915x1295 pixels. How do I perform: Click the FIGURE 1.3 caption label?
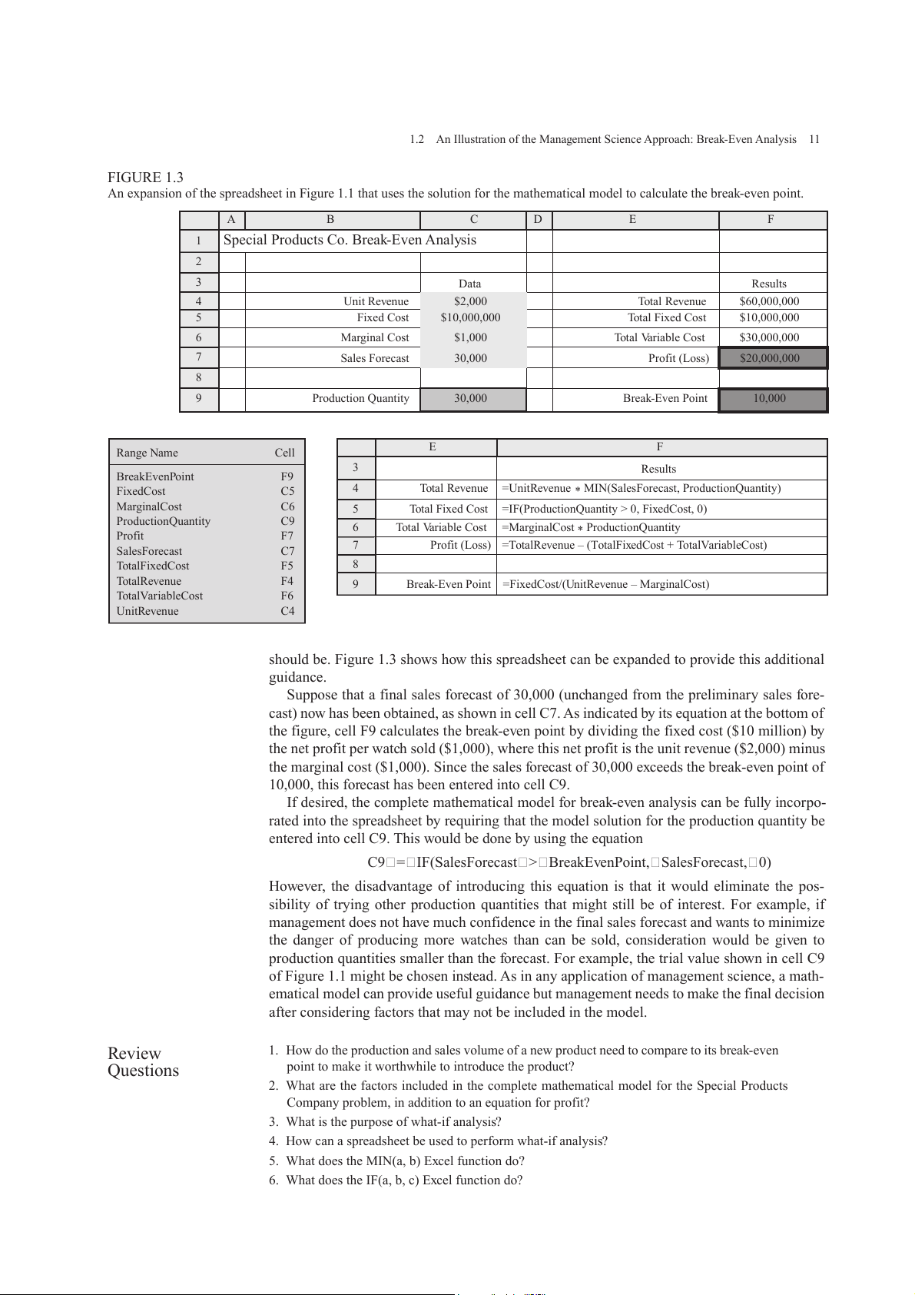[x=145, y=178]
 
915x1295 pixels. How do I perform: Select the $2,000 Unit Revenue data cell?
[x=470, y=301]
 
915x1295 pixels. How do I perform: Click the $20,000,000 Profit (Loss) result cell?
[x=769, y=358]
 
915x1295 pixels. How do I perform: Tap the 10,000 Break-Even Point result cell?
[x=769, y=399]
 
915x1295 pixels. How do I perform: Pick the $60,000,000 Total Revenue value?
[x=769, y=301]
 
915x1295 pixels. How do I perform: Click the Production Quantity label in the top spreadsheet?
[x=360, y=398]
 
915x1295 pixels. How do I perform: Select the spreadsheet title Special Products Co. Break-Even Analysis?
[x=350, y=240]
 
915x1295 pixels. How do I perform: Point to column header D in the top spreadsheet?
[x=538, y=220]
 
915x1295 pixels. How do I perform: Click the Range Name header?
[x=147, y=453]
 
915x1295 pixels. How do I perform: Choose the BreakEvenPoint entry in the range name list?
[x=155, y=476]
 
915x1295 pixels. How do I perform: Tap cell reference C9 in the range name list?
[x=287, y=521]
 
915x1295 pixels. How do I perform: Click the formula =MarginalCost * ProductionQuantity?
[x=591, y=527]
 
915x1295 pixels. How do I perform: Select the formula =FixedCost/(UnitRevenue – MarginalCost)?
[x=605, y=584]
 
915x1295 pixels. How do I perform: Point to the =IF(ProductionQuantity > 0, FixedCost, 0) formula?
[x=604, y=509]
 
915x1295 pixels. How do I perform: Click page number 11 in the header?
[x=814, y=139]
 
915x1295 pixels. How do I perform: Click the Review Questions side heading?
[x=143, y=1062]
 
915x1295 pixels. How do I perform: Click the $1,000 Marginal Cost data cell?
[x=470, y=337]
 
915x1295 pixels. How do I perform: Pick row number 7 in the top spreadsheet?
[x=199, y=357]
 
